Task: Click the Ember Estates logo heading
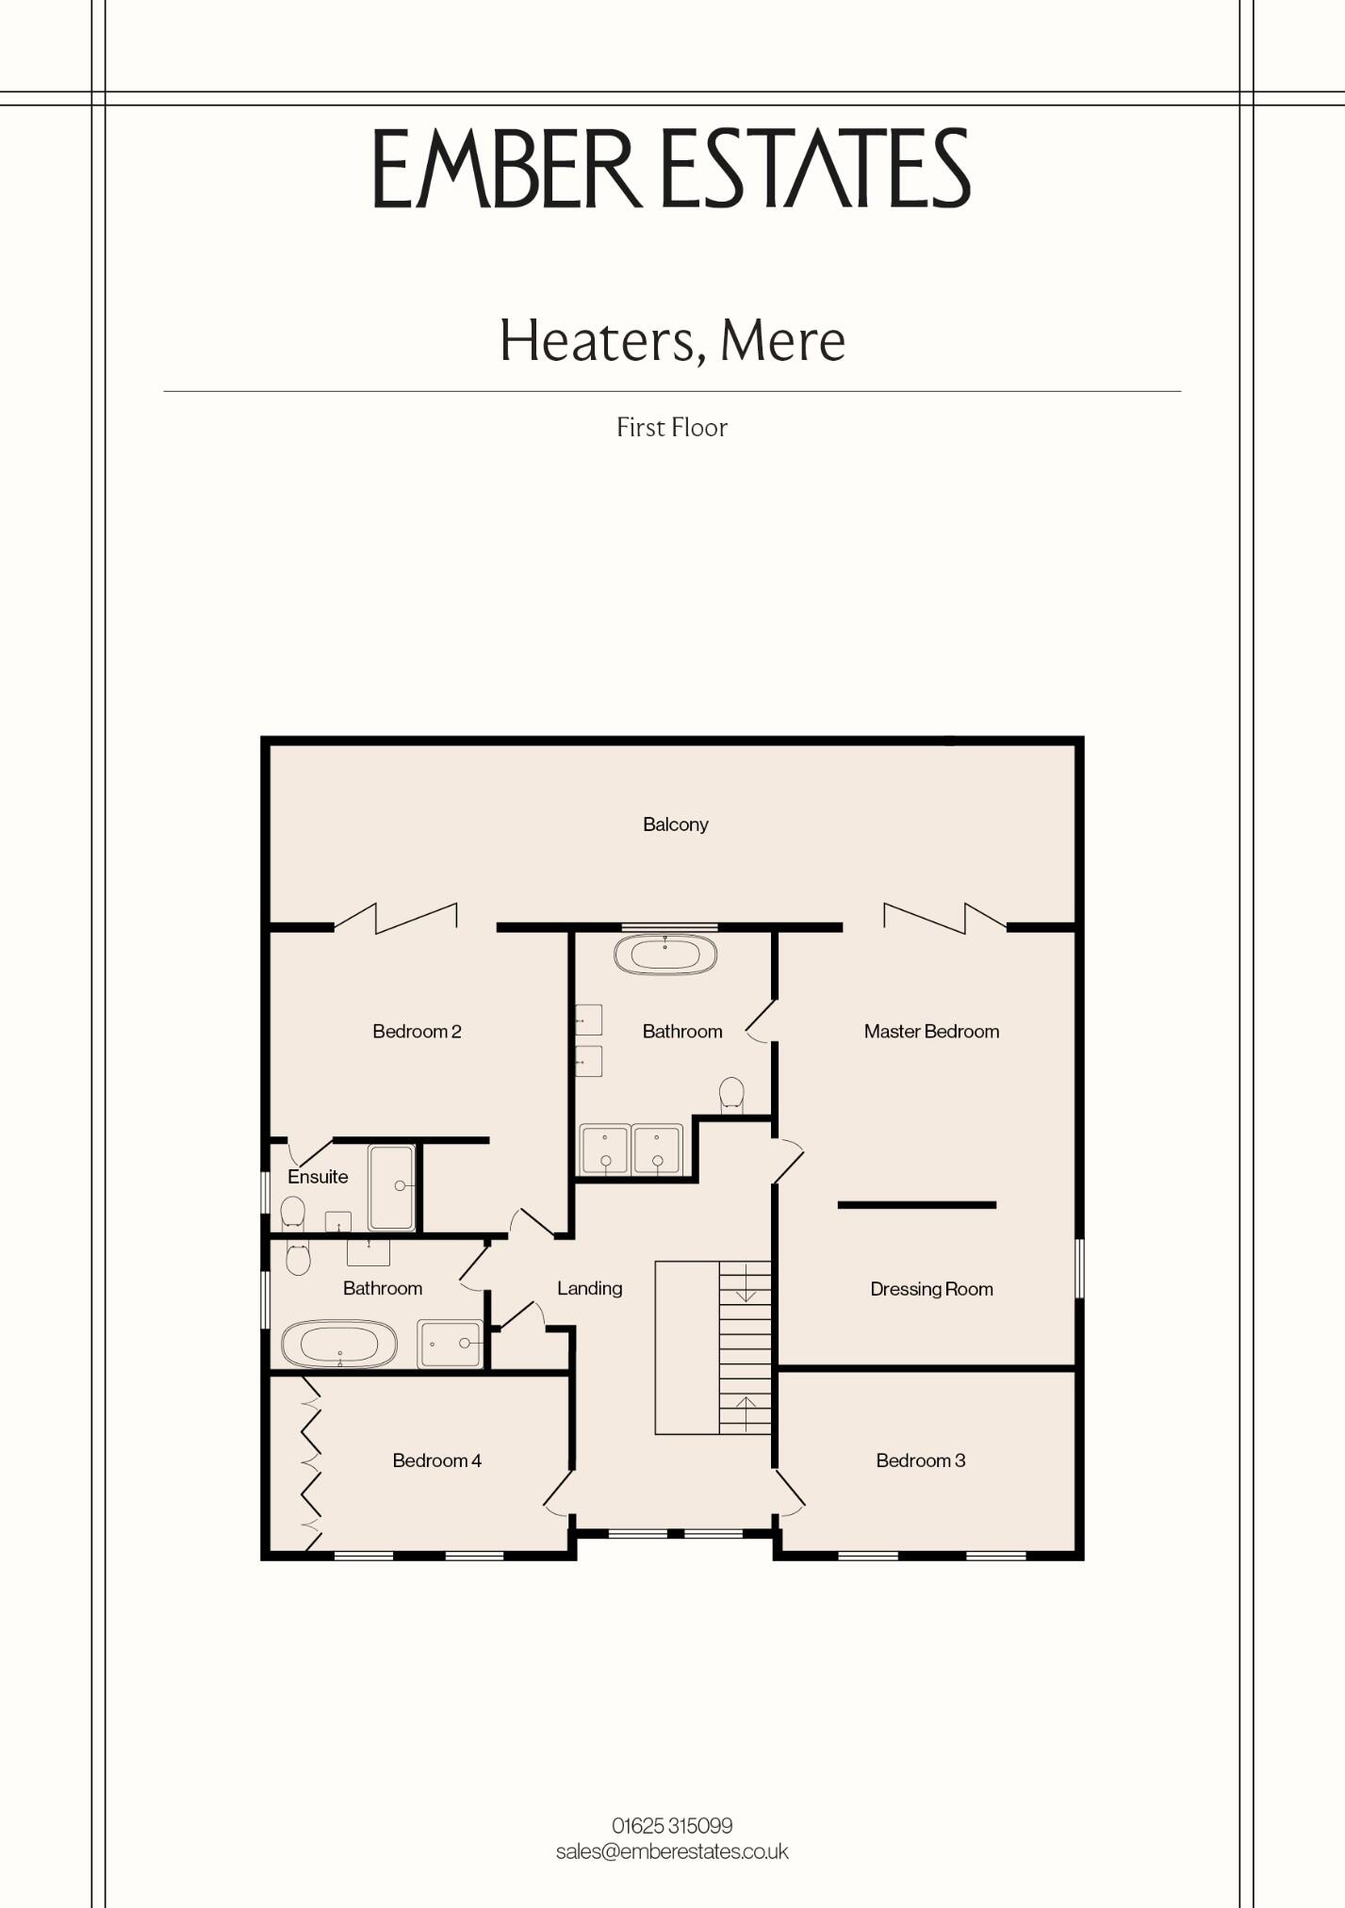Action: click(672, 169)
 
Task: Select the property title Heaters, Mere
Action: click(672, 340)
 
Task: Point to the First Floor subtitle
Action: click(672, 428)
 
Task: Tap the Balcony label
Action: click(675, 824)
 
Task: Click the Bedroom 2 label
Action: click(417, 1032)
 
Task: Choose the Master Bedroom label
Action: click(931, 1032)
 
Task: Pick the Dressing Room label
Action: click(931, 1289)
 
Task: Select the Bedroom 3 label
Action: click(920, 1460)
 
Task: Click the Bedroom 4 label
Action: click(436, 1460)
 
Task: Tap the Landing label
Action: click(589, 1288)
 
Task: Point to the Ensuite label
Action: click(318, 1177)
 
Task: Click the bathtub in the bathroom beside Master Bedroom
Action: click(665, 954)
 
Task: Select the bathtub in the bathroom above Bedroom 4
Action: click(339, 1344)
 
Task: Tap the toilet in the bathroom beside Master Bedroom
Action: click(731, 1095)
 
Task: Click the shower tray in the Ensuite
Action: click(391, 1187)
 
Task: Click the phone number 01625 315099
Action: click(672, 1826)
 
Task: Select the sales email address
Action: click(672, 1851)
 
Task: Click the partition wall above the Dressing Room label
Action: click(917, 1205)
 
